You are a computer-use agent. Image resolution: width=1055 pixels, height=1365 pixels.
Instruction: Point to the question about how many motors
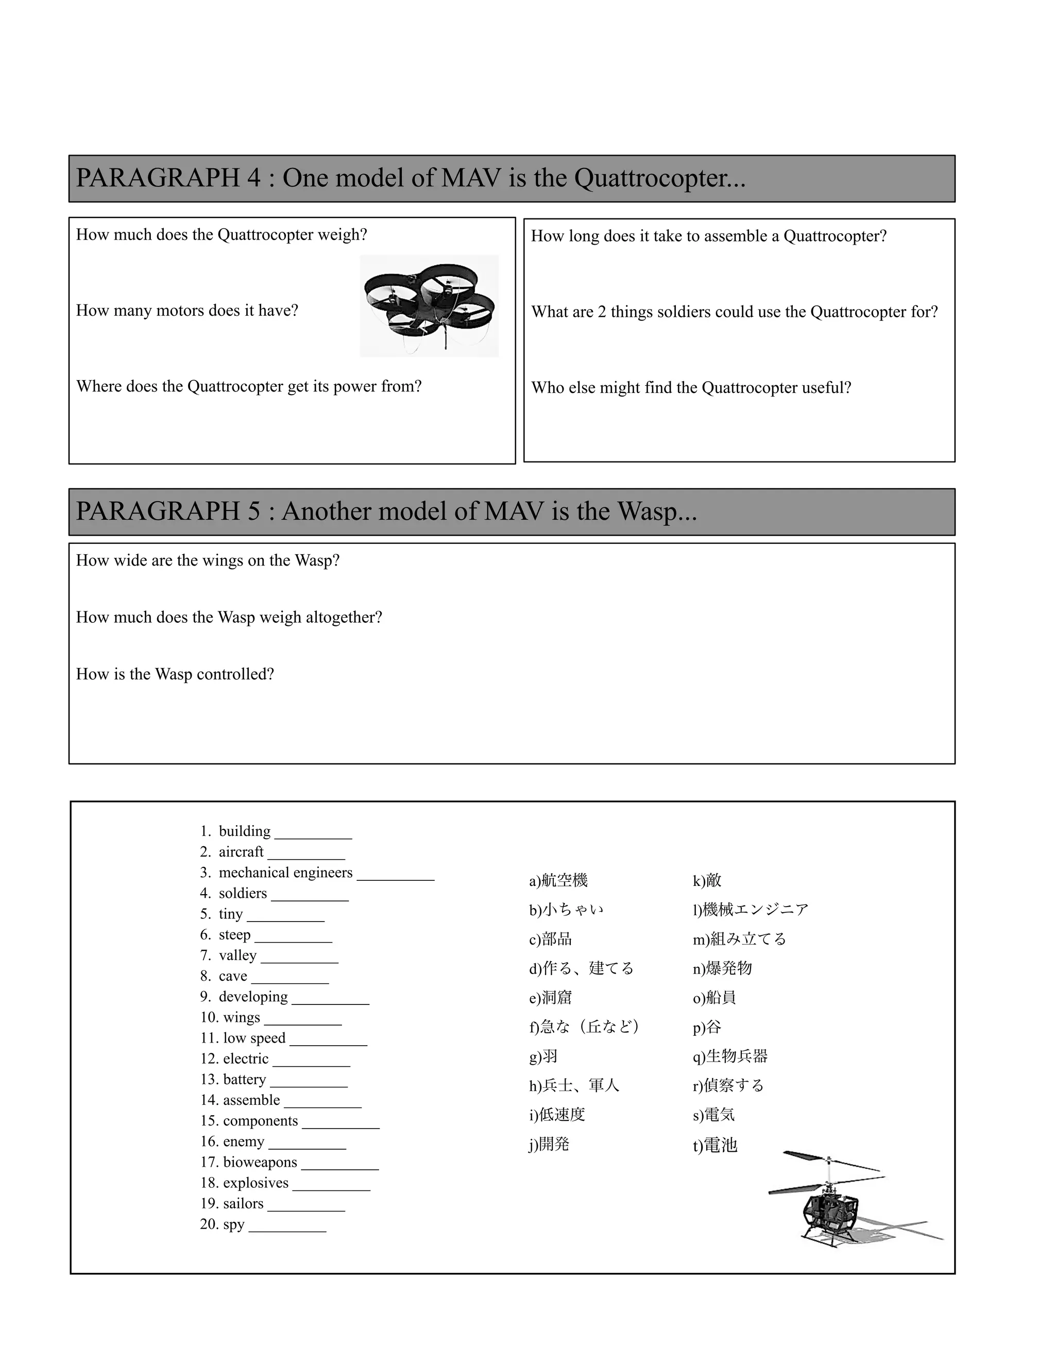point(187,311)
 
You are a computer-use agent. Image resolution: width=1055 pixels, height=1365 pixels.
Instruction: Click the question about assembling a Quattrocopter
point(709,236)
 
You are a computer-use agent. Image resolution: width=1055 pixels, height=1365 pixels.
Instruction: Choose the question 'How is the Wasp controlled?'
point(175,674)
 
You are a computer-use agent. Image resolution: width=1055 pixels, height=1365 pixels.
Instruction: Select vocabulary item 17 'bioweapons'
point(260,1163)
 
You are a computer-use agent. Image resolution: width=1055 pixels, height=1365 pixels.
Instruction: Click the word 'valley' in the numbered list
point(237,955)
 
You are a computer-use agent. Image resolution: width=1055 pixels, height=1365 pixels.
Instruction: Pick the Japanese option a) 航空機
point(558,881)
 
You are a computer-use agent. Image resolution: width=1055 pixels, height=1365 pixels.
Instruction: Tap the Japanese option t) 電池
point(715,1145)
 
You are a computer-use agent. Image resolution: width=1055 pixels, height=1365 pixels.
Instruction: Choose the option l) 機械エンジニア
point(750,909)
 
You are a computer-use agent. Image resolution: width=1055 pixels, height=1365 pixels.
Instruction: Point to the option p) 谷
point(707,1027)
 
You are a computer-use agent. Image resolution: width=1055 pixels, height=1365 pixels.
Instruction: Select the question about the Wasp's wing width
point(208,560)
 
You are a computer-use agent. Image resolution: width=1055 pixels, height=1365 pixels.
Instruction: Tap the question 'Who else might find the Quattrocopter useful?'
point(691,388)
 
